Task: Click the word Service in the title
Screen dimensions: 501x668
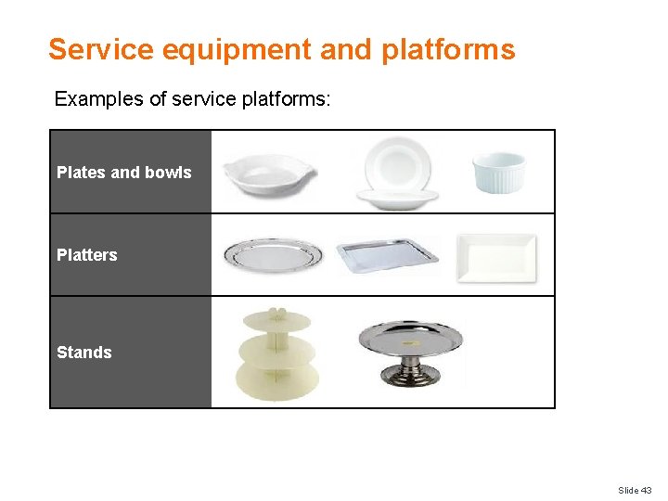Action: [x=101, y=49]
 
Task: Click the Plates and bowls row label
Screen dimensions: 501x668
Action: [x=123, y=173]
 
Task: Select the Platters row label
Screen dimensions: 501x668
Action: [x=87, y=255]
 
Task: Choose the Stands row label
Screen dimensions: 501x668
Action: [x=84, y=353]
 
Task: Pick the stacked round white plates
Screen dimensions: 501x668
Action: [x=397, y=173]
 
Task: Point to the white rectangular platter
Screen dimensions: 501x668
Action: [x=496, y=257]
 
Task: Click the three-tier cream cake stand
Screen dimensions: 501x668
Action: [x=277, y=354]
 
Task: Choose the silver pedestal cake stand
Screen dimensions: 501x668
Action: [x=410, y=350]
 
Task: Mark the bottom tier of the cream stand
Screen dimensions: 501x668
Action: [x=277, y=380]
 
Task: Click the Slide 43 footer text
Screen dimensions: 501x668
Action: [x=635, y=490]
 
